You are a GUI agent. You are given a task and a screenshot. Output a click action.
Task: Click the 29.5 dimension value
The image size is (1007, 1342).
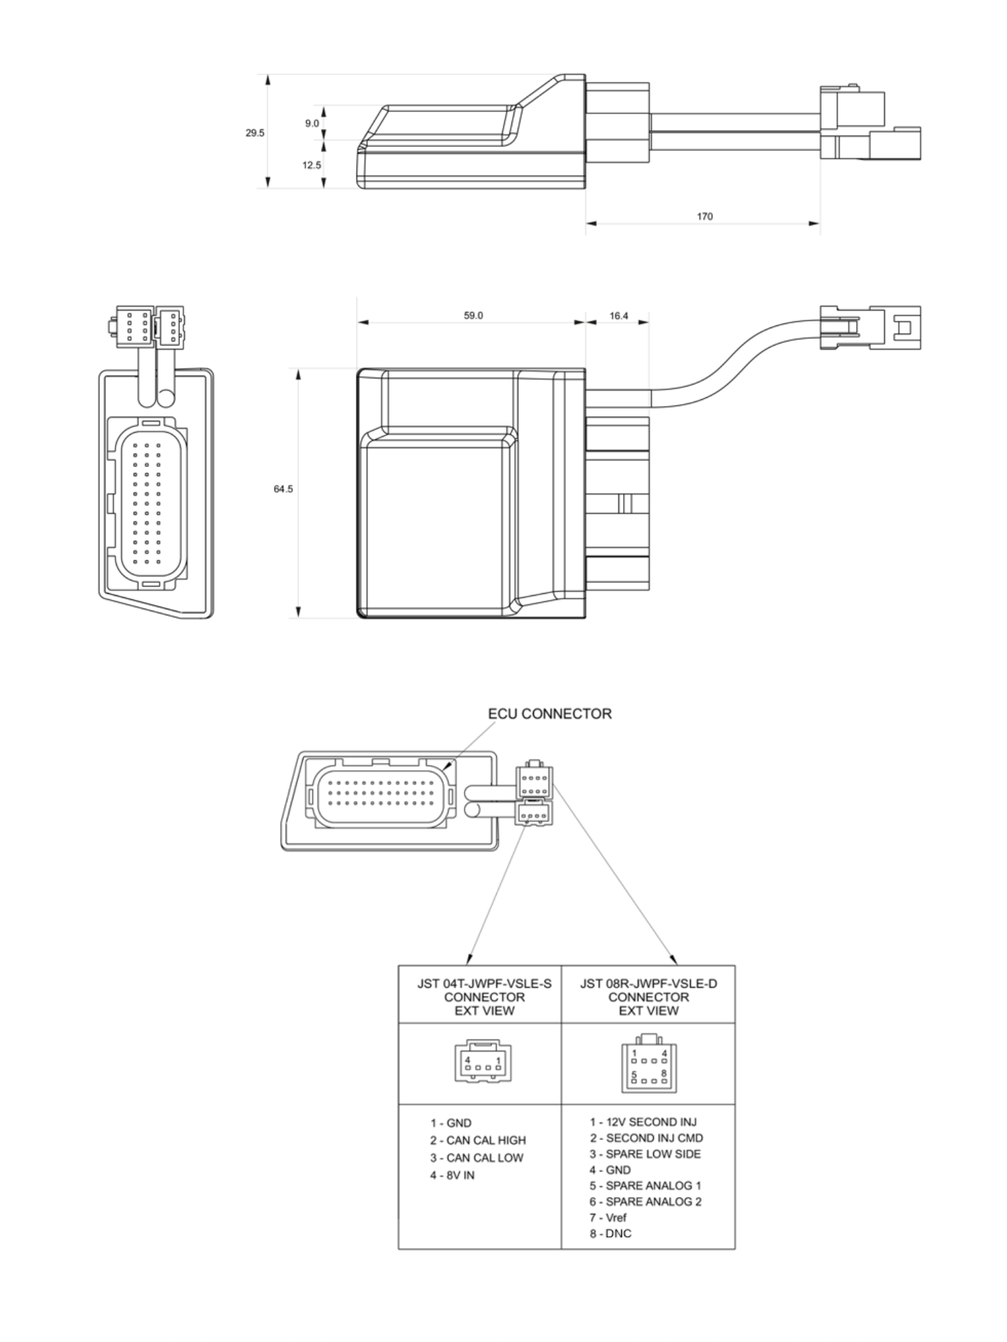coord(254,133)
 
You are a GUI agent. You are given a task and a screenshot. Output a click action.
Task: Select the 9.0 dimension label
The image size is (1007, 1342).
coord(312,123)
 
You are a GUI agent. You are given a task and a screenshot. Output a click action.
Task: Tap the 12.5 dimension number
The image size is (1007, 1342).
coord(311,165)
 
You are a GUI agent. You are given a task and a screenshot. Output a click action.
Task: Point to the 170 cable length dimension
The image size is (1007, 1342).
coord(704,217)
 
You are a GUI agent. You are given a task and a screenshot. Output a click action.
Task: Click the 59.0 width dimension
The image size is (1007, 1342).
coord(473,315)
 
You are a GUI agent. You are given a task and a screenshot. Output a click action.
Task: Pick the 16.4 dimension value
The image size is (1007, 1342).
coord(619,315)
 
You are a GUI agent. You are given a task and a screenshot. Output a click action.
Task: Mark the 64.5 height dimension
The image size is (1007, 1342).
coord(283,489)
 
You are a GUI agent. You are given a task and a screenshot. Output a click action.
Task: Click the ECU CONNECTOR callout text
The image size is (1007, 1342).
coord(550,714)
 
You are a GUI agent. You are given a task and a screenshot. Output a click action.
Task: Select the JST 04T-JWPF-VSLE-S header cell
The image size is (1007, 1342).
coord(484,997)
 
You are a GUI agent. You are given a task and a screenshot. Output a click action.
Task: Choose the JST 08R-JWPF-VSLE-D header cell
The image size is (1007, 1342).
coord(649,997)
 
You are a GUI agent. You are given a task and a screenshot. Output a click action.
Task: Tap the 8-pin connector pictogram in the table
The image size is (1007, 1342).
coord(649,1063)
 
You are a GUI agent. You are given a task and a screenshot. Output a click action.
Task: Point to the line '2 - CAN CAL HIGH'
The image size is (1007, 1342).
coord(478,1140)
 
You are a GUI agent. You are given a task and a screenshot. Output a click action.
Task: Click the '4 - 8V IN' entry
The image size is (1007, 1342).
coord(452,1175)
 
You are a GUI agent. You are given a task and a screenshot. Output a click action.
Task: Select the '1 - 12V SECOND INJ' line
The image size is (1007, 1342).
coord(643,1122)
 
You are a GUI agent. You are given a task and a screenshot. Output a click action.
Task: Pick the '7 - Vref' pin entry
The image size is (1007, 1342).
coord(608,1217)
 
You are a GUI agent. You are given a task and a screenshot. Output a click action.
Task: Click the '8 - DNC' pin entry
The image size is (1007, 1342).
coord(610,1233)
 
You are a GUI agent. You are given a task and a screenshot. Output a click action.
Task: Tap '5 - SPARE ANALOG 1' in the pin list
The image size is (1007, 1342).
coord(645,1186)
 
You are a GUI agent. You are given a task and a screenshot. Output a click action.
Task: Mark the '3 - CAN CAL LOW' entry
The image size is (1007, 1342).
coord(477,1157)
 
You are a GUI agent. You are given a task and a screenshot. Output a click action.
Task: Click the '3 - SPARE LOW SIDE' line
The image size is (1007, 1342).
coord(645,1154)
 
